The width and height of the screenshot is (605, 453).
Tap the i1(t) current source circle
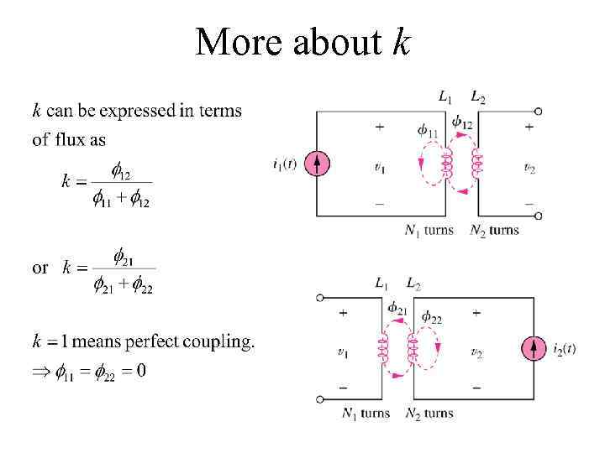coord(316,163)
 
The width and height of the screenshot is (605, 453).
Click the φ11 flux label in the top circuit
coord(428,131)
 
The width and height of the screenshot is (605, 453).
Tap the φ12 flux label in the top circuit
coord(461,123)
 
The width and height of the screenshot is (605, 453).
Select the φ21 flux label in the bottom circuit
coord(397,310)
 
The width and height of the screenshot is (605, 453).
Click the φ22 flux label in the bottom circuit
coord(432,317)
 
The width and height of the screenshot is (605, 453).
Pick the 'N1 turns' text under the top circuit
coord(429,230)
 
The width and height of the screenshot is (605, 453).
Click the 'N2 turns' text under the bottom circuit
coord(429,413)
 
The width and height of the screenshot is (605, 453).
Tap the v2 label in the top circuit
coord(529,169)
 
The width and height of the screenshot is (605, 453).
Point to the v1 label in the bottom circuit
coord(342,353)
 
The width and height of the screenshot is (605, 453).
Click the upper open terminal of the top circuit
coord(538,111)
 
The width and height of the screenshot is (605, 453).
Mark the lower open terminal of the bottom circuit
coord(319,399)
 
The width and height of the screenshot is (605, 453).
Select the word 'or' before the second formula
coord(39,268)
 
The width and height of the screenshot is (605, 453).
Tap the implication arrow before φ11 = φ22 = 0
coord(41,371)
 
